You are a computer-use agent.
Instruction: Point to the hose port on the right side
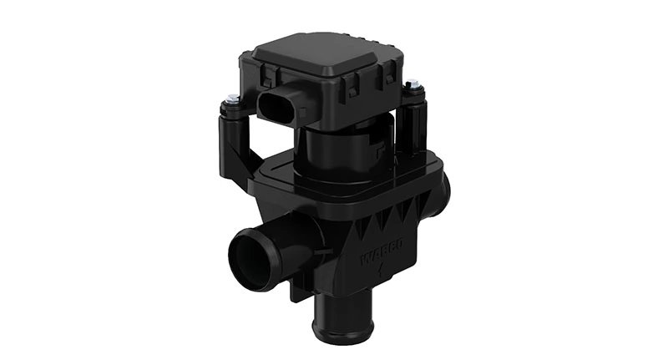click(x=442, y=194)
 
